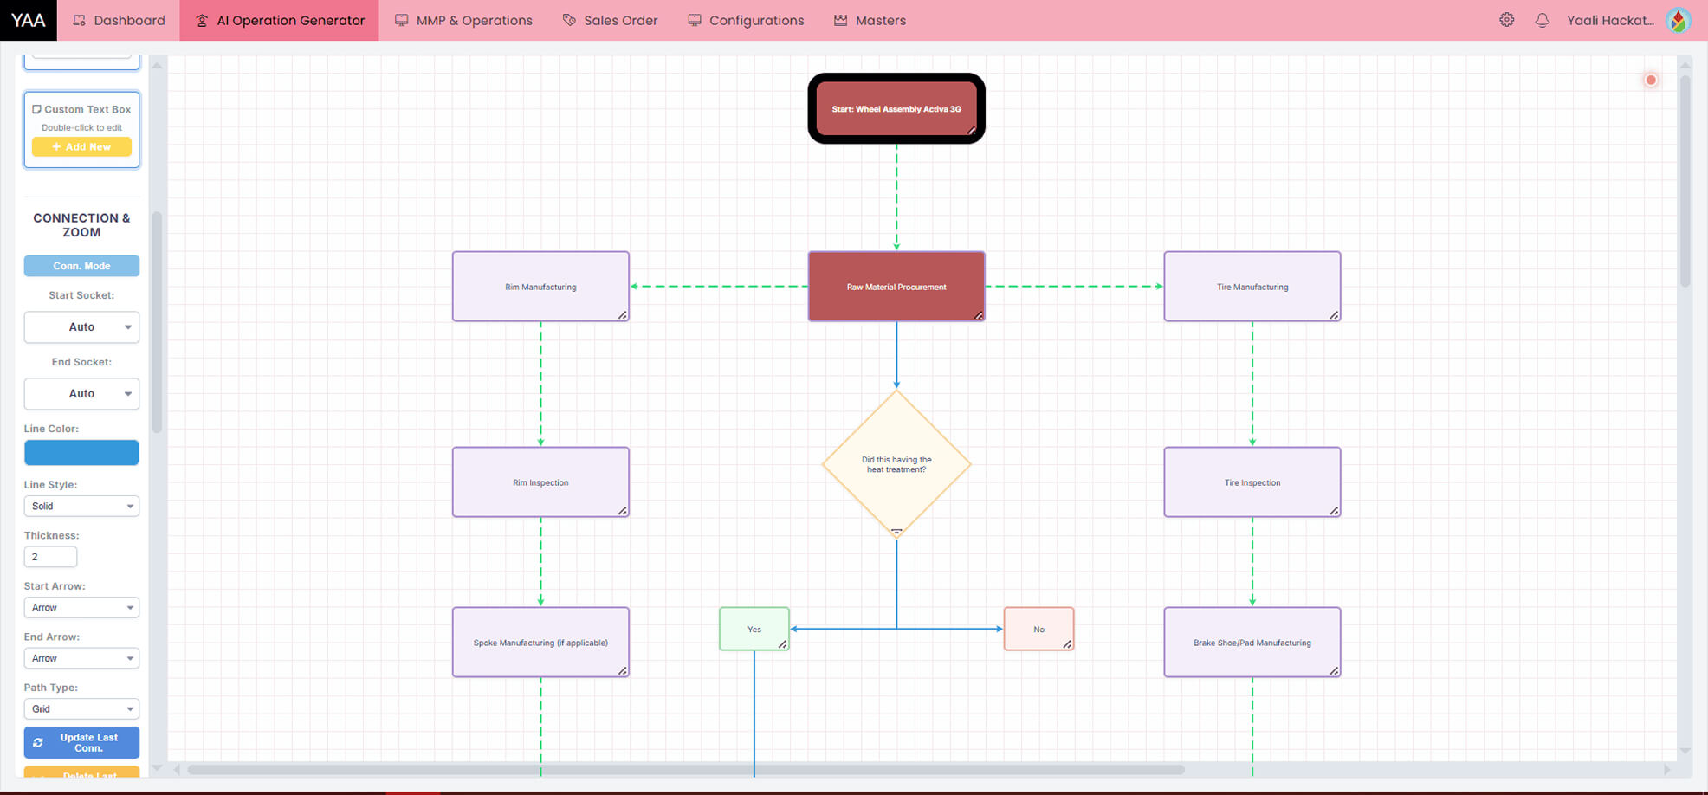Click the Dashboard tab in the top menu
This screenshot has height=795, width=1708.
pos(119,20)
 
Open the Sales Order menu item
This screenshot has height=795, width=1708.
pos(610,20)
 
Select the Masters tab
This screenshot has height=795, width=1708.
pos(870,20)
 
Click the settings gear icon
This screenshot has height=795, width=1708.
pos(1506,20)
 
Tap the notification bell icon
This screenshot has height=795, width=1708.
pos(1542,20)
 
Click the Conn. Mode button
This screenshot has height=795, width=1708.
pos(81,266)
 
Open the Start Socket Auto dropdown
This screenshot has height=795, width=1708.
pos(81,326)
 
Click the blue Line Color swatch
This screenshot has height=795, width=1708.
pos(81,452)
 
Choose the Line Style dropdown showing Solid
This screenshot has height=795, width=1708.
pos(81,506)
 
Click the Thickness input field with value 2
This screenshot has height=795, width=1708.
pos(50,557)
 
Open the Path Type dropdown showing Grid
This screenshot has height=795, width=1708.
pos(81,708)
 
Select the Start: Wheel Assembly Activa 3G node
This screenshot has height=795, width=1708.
pos(896,109)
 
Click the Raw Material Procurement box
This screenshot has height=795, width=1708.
pos(896,287)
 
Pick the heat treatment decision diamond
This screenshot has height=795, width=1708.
pos(896,465)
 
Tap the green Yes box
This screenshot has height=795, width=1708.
pos(754,630)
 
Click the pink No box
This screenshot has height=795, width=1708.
pos(1038,630)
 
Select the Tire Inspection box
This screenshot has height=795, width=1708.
pos(1252,482)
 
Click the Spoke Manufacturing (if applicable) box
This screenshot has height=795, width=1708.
pos(540,643)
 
